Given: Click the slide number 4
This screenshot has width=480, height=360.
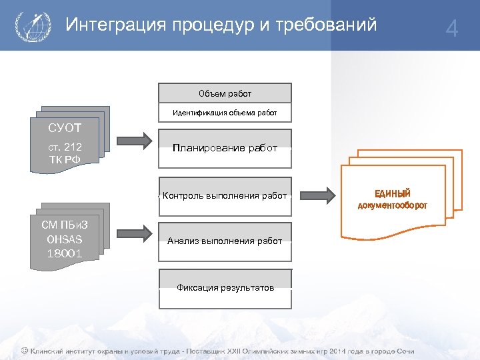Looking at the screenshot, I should (452, 29).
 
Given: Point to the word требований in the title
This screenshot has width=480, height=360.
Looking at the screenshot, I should (329, 25).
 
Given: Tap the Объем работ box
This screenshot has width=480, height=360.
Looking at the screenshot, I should (225, 93).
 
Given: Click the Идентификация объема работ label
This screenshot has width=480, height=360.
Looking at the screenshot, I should (225, 113).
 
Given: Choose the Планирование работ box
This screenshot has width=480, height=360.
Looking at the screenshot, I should (225, 148).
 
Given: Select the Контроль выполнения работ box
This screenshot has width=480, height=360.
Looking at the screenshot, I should (225, 195).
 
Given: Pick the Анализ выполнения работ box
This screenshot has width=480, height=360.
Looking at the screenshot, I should (225, 241).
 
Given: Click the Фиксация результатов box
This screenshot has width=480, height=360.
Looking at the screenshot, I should (225, 288).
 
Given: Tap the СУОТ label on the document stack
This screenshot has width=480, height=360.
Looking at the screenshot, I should (64, 127).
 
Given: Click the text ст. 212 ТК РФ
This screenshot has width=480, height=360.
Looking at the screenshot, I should (64, 153).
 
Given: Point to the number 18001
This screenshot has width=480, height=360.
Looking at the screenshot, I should (64, 253).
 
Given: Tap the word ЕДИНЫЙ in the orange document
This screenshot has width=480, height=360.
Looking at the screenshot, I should (392, 193).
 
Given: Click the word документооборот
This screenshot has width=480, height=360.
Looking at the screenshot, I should (392, 205).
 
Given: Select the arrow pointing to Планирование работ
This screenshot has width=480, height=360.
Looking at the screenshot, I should (136, 141).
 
